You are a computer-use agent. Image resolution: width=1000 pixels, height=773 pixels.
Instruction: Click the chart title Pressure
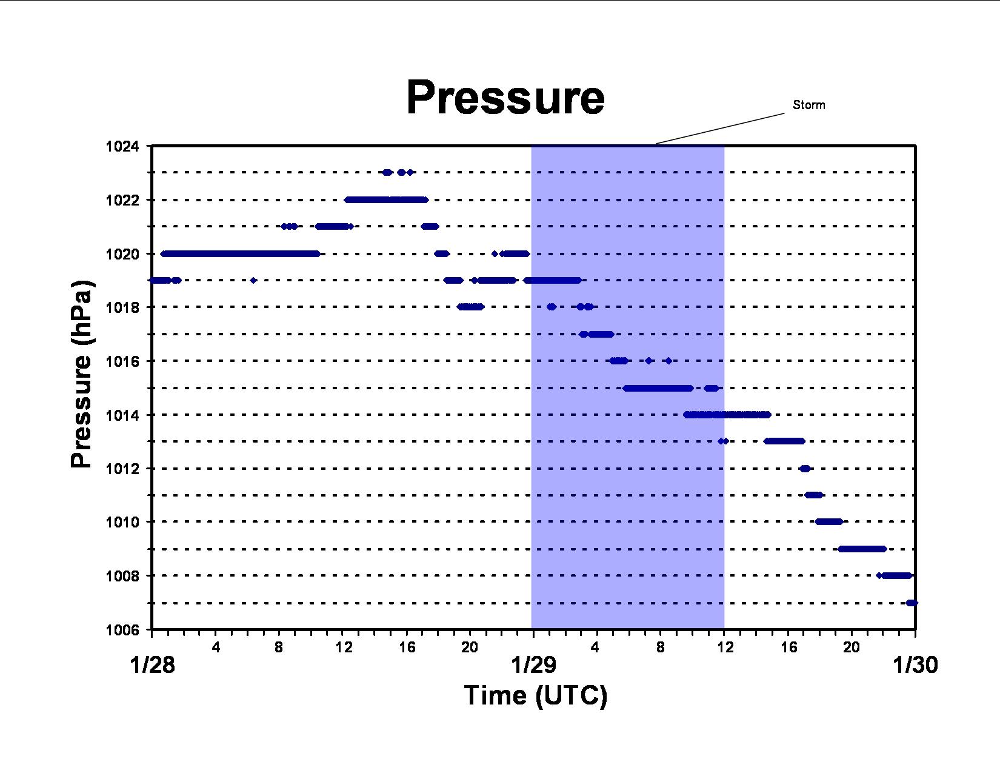(505, 98)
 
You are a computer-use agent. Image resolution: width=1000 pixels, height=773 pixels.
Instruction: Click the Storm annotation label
(808, 105)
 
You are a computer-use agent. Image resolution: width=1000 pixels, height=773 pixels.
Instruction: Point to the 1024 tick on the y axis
(122, 146)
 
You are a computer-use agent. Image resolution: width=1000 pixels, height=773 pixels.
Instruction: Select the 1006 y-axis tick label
(122, 630)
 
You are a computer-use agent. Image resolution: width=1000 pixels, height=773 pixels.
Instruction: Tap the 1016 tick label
(122, 361)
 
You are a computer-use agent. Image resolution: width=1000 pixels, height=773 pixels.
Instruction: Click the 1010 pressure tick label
(122, 522)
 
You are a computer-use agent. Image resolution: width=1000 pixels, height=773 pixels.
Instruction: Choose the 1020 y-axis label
(122, 254)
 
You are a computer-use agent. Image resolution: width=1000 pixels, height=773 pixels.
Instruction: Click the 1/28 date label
(152, 665)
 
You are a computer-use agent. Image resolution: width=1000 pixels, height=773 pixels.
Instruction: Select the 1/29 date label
(534, 665)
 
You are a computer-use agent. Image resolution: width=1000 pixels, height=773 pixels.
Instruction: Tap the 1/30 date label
(915, 665)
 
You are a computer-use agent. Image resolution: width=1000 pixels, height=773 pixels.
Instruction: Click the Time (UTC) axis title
(536, 695)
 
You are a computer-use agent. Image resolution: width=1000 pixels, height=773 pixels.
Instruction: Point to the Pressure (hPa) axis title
(82, 373)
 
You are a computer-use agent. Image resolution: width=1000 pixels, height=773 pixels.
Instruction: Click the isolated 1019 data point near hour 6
(253, 280)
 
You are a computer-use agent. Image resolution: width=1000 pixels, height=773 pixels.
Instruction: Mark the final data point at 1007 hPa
(912, 603)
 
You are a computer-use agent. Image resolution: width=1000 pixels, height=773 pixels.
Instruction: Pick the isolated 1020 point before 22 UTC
(495, 253)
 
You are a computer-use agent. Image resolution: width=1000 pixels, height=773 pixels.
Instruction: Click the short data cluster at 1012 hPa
(805, 469)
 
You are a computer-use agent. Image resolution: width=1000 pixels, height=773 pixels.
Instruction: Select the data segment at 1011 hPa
(813, 495)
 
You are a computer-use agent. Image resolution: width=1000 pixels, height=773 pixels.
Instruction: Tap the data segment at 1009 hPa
(862, 549)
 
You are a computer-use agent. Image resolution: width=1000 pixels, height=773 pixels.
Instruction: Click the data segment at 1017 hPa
(596, 334)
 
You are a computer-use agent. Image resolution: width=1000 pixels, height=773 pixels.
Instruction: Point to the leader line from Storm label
(720, 129)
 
